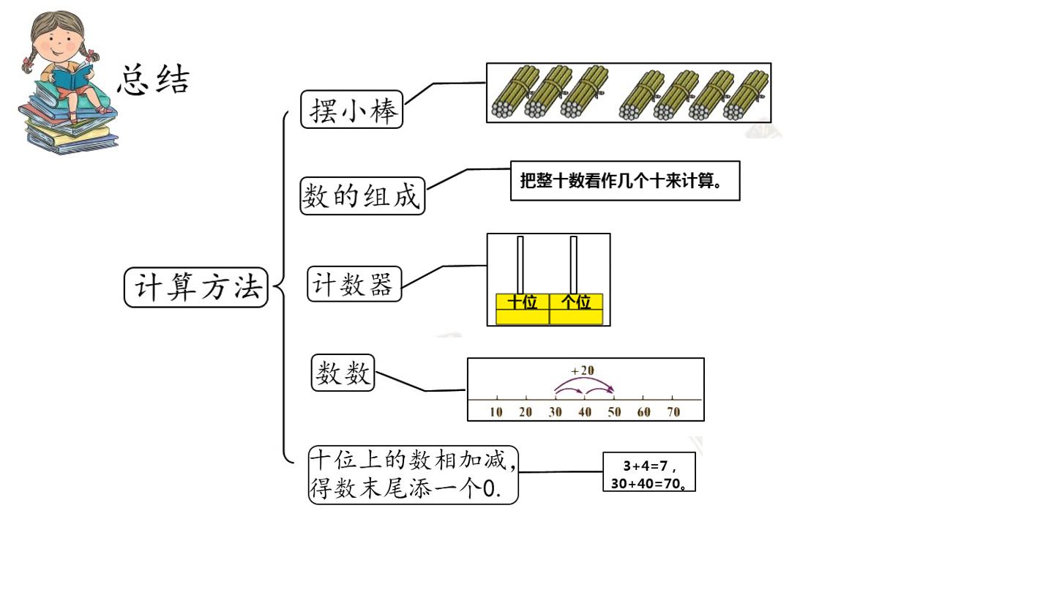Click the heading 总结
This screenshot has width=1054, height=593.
pos(154,80)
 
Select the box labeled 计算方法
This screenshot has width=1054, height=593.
pos(195,288)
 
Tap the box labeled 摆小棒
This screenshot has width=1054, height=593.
pos(351,109)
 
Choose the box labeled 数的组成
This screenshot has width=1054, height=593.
pos(362,195)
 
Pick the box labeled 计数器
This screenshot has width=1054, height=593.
pos(354,284)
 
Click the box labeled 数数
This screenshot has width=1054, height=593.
pos(343,373)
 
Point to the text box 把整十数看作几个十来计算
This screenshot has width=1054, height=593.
pos(625,181)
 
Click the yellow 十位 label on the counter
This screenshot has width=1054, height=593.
pos(523,302)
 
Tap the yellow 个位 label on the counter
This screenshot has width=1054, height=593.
pos(576,302)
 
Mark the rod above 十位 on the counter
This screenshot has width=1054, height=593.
pos(520,265)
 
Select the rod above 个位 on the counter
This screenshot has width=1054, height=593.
pos(574,265)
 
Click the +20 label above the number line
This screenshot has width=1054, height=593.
pos(583,371)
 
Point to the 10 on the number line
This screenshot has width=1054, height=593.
pos(496,412)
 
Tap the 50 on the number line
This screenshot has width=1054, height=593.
pos(614,412)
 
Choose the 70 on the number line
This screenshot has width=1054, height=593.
pos(673,412)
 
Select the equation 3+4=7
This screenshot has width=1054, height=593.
pos(646,466)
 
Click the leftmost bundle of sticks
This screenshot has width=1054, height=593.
pos(515,92)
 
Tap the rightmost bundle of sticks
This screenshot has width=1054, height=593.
pos(746,94)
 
